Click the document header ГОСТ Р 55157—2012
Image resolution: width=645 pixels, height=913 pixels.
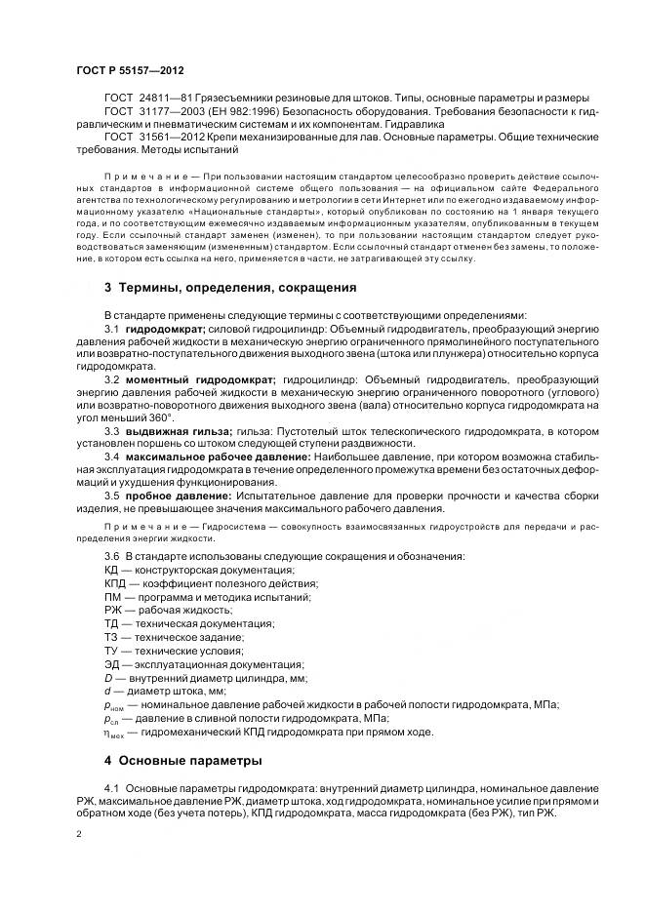[130, 71]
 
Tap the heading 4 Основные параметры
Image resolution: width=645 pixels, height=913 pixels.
[183, 760]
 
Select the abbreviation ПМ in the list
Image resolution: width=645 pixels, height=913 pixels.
[113, 596]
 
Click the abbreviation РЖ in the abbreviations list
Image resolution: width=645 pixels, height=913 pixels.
[113, 610]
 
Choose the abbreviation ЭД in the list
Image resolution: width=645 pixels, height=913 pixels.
[113, 663]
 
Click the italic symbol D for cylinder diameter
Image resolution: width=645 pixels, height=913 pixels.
[108, 677]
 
